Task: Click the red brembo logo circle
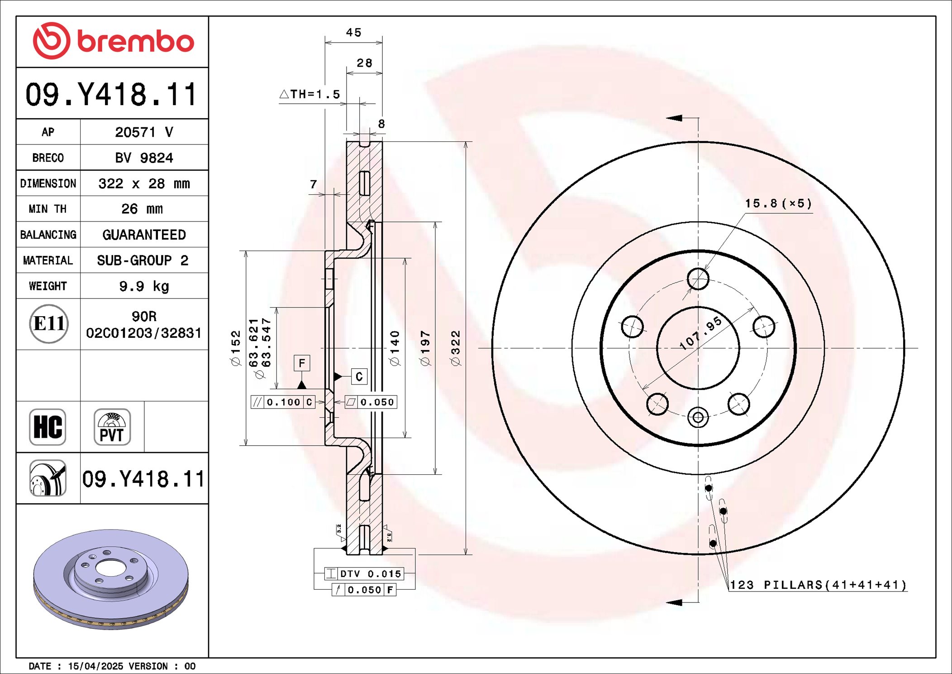coord(51,41)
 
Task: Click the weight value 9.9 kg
coord(144,286)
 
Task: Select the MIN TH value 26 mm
coord(142,209)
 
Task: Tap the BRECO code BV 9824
coord(144,158)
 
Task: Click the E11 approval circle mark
coord(49,324)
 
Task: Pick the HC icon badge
coord(48,427)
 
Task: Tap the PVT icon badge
coord(112,427)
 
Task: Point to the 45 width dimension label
coord(353,33)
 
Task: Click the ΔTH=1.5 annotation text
coord(310,94)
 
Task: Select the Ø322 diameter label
coord(455,348)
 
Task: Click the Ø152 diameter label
coord(236,348)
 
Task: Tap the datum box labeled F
coord(302,363)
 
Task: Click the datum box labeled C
coord(359,376)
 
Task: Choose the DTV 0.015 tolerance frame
coord(363,574)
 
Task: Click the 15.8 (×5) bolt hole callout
coord(778,203)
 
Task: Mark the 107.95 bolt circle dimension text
coord(700,333)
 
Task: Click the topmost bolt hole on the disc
coord(698,279)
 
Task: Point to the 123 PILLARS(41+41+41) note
coord(818,585)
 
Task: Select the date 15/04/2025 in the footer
coord(95,666)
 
